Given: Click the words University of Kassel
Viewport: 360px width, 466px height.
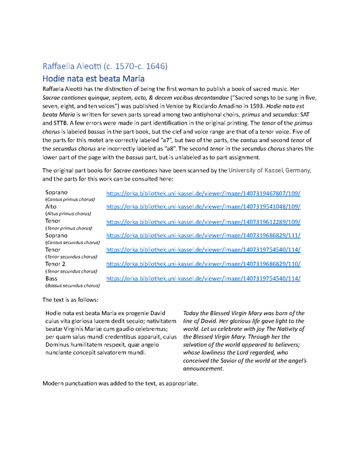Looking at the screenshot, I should coord(253,170).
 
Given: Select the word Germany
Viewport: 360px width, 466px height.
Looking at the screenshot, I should coord(298,170).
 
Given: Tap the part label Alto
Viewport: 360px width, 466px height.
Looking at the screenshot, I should coord(51,206).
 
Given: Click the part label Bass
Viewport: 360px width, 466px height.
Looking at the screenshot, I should coord(52,278).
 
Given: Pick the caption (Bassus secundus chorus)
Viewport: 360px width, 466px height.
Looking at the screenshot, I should coord(73,286).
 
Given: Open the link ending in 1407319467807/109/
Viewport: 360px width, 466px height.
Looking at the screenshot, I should coord(203,192).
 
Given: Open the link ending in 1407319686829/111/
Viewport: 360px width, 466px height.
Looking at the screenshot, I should coord(203,235).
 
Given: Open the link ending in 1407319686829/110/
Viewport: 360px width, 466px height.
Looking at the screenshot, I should coord(203,264).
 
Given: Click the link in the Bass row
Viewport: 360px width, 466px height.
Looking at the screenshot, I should coord(203,278).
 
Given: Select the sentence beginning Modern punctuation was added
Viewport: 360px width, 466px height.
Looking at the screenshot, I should coord(121,384).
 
